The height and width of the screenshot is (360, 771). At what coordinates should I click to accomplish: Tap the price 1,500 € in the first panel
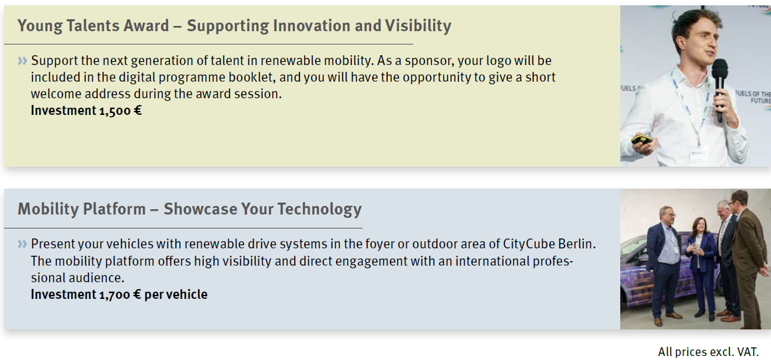(120, 110)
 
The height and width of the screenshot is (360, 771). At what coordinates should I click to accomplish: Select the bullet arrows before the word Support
(23, 61)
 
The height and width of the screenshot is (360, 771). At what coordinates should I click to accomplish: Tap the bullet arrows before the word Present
(23, 244)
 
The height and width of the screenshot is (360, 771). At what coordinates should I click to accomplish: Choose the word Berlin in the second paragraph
(575, 244)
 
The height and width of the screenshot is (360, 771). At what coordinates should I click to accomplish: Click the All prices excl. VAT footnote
(708, 351)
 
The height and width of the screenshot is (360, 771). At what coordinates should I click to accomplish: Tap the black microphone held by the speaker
(720, 88)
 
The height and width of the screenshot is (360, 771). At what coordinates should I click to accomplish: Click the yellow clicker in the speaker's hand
(642, 139)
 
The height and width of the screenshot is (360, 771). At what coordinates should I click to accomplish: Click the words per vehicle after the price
(176, 295)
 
